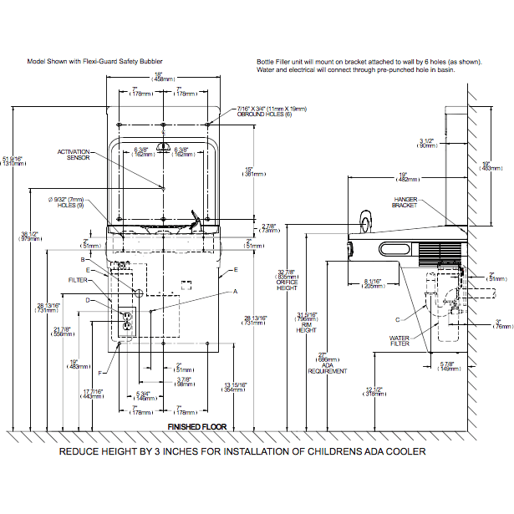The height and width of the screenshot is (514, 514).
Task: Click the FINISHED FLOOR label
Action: tap(196, 427)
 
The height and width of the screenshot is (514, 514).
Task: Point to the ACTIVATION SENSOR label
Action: tap(73, 154)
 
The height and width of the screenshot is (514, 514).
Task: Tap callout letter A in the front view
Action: tap(235, 290)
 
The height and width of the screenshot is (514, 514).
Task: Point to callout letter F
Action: tap(100, 372)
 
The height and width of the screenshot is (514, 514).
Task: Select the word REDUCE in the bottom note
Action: tap(79, 451)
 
